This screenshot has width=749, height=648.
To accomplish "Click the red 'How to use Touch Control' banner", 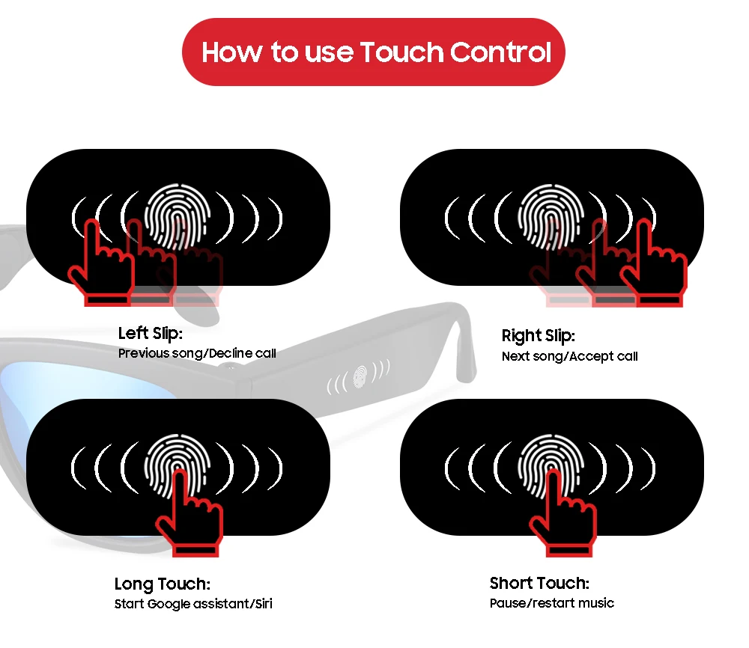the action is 374,52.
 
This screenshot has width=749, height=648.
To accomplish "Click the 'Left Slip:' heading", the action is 151,334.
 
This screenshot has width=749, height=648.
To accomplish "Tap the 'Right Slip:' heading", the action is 539,336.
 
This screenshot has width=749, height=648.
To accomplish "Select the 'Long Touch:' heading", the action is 163,584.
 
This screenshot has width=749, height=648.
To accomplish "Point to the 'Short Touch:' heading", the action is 539,583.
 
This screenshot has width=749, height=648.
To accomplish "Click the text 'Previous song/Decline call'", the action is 197,354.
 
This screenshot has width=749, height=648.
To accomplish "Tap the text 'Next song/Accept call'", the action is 570,356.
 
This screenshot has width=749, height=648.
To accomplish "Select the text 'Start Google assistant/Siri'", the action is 193,604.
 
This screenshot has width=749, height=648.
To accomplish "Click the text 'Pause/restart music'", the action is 552,603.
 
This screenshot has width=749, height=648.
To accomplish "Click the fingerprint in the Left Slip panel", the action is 178,216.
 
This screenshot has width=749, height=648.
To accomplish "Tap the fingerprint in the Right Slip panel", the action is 551,216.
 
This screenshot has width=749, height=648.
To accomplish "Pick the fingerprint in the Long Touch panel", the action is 178,466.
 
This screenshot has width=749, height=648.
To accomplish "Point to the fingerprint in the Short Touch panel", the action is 551,466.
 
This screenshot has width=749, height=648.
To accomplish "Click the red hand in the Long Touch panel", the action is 192,516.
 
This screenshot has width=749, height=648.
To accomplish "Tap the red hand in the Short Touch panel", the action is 565,516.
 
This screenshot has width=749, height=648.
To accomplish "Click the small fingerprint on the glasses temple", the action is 360,376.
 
